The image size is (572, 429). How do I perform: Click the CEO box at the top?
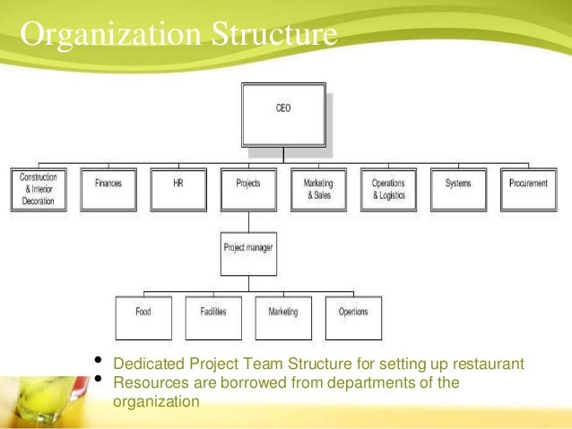tap(282, 115)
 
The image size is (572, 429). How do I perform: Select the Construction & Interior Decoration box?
tap(39, 189)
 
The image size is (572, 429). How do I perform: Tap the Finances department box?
tap(108, 189)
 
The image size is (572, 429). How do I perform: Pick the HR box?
tap(178, 189)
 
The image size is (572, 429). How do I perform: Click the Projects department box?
tap(248, 189)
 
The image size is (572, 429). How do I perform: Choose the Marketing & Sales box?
tap(318, 189)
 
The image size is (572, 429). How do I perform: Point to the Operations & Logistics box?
tap(388, 189)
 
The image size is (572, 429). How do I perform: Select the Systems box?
tap(458, 189)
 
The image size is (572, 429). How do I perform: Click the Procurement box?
tap(528, 189)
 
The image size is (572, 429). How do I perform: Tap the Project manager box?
tap(248, 253)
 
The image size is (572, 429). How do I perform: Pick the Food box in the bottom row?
tap(143, 317)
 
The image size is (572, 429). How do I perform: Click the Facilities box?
tap(213, 317)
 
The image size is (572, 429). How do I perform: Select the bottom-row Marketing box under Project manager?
tap(283, 317)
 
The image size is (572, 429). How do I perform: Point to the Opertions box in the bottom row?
tap(353, 317)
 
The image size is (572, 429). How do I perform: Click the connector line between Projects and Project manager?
tap(248, 222)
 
